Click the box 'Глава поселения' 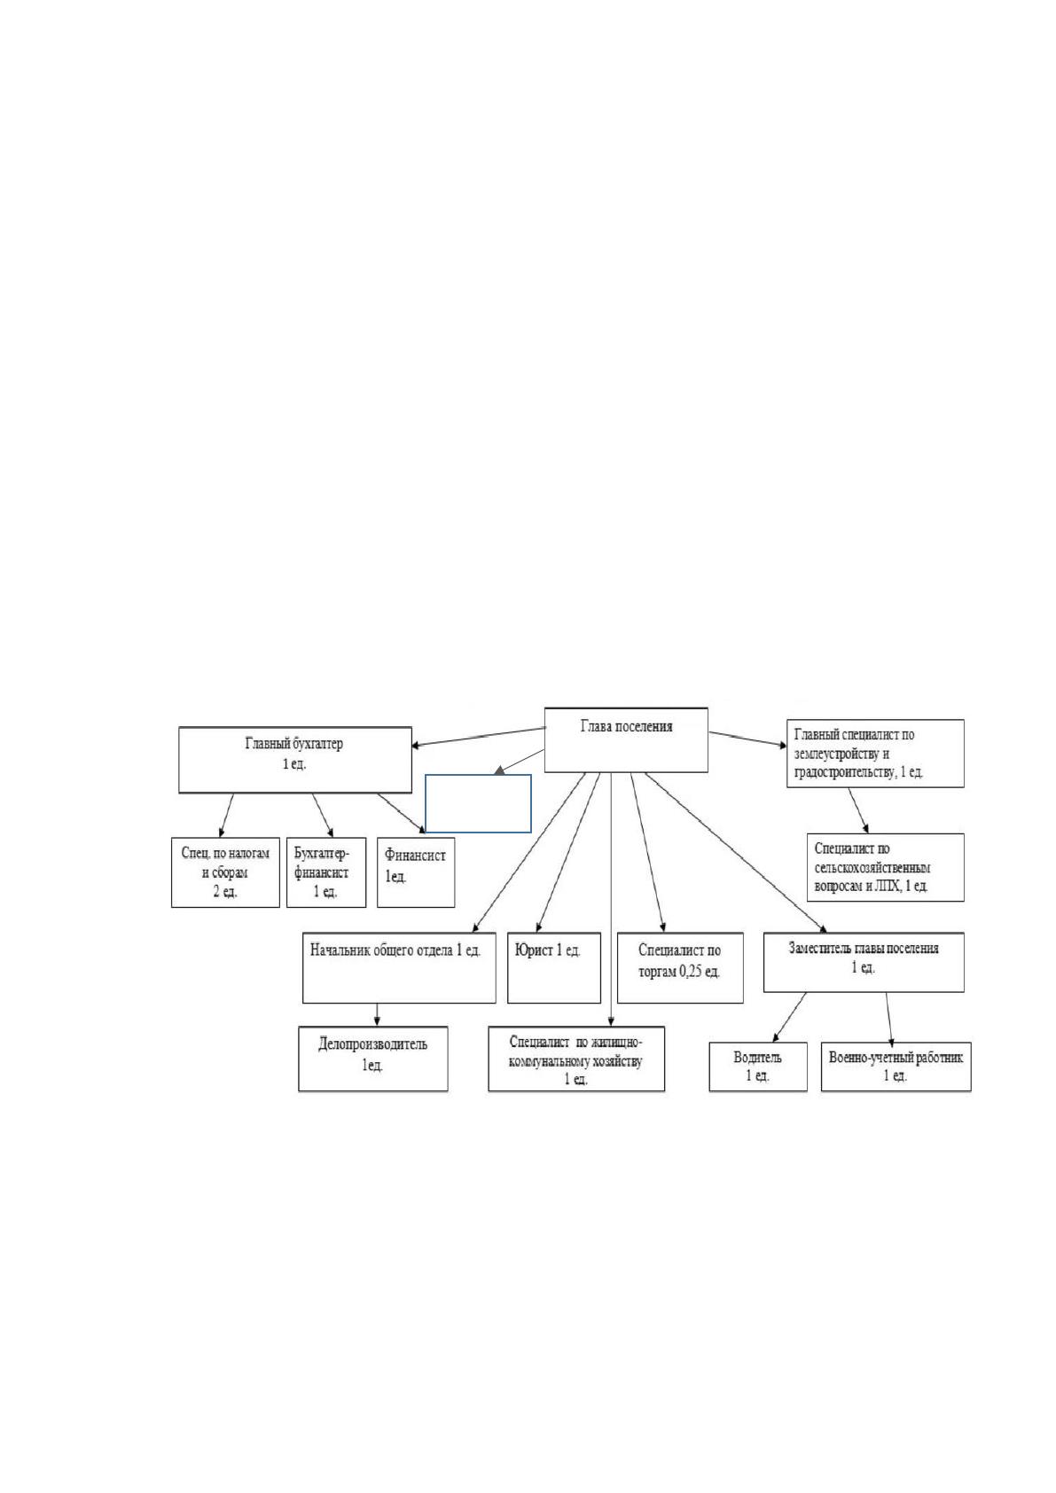tap(626, 739)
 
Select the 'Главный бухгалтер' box tap(295, 760)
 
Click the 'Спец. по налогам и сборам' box tap(225, 872)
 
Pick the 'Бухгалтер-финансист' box tap(326, 872)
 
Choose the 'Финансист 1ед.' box tap(416, 872)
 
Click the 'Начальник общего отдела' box tap(399, 967)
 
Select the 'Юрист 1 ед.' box tap(554, 967)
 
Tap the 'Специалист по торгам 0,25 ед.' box tap(680, 967)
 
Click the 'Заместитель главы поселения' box tap(864, 962)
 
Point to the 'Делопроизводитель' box tap(372, 1059)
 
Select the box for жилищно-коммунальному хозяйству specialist tap(576, 1059)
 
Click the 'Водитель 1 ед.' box tap(758, 1067)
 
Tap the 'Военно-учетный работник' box tap(896, 1067)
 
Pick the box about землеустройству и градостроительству tap(875, 754)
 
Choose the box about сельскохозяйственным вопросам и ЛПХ tap(886, 867)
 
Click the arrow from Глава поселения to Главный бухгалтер tap(479, 737)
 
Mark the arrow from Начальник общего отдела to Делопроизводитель tap(378, 1014)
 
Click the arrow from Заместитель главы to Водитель tap(789, 1017)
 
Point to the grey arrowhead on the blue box tap(499, 770)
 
